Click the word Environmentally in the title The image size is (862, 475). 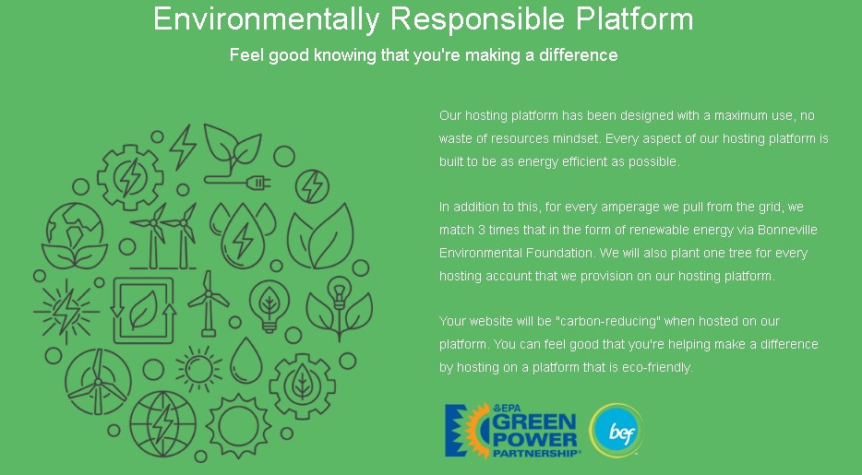[266, 19]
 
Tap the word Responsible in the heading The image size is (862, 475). [477, 19]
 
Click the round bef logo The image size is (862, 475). [617, 431]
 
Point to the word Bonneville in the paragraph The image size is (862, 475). [787, 230]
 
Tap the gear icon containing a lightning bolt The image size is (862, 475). [130, 177]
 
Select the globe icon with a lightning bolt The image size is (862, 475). [162, 423]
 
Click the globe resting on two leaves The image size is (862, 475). [74, 235]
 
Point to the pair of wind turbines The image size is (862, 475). [164, 236]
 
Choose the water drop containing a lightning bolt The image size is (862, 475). [243, 236]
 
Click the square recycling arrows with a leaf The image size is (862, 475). [143, 310]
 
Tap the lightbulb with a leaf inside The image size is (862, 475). [269, 306]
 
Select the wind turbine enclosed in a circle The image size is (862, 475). [98, 382]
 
